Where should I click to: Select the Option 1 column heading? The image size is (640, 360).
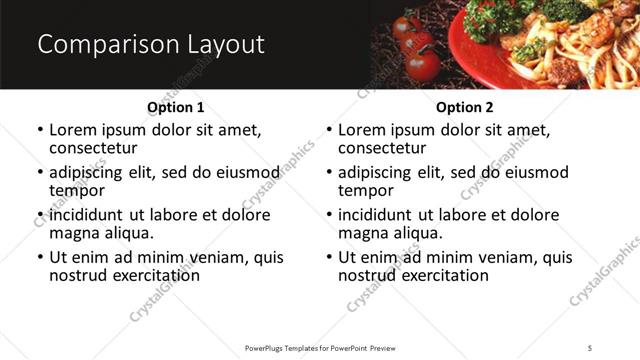[175, 106]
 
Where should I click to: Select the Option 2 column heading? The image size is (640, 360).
[464, 106]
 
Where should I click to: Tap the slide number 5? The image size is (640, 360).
[590, 347]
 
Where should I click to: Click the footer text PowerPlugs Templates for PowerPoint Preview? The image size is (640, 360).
[319, 347]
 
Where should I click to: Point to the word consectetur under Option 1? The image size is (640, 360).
[93, 148]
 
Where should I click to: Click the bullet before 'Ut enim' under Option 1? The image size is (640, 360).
[40, 258]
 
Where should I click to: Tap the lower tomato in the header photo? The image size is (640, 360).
[423, 65]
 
